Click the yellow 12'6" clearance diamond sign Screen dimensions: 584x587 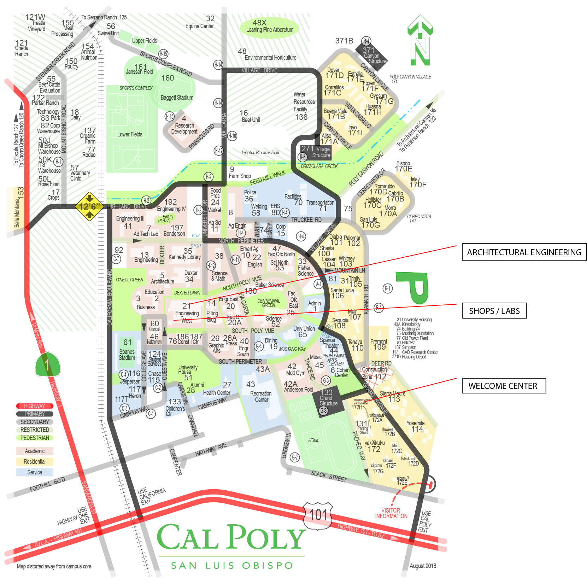point(89,206)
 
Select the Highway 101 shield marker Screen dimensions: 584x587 point(318,515)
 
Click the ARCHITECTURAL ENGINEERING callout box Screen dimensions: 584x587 point(524,252)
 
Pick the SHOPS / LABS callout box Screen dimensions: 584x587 point(494,311)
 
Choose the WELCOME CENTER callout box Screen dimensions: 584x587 point(504,386)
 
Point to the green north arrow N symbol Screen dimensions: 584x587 point(420,41)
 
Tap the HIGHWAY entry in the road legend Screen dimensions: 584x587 point(35,406)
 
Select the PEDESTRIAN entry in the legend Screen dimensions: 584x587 point(35,438)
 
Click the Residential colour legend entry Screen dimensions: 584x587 point(35,461)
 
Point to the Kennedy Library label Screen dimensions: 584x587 point(184,257)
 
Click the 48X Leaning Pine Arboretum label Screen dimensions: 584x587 point(269,27)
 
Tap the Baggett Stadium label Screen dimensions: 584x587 point(177,98)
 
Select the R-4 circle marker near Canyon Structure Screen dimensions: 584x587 point(366,41)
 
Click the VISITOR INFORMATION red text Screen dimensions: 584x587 point(391,513)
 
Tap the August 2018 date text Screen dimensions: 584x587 point(423,566)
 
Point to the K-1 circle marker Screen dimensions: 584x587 point(388,288)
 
